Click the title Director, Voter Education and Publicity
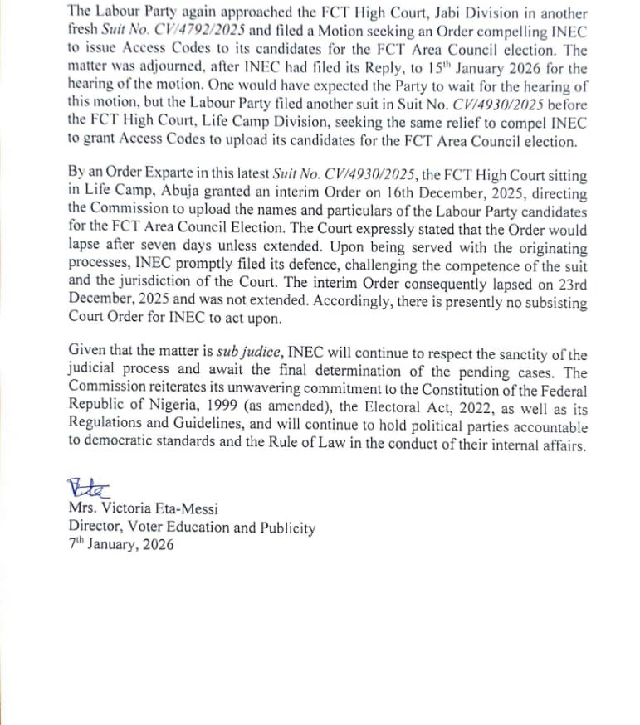click(x=192, y=527)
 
